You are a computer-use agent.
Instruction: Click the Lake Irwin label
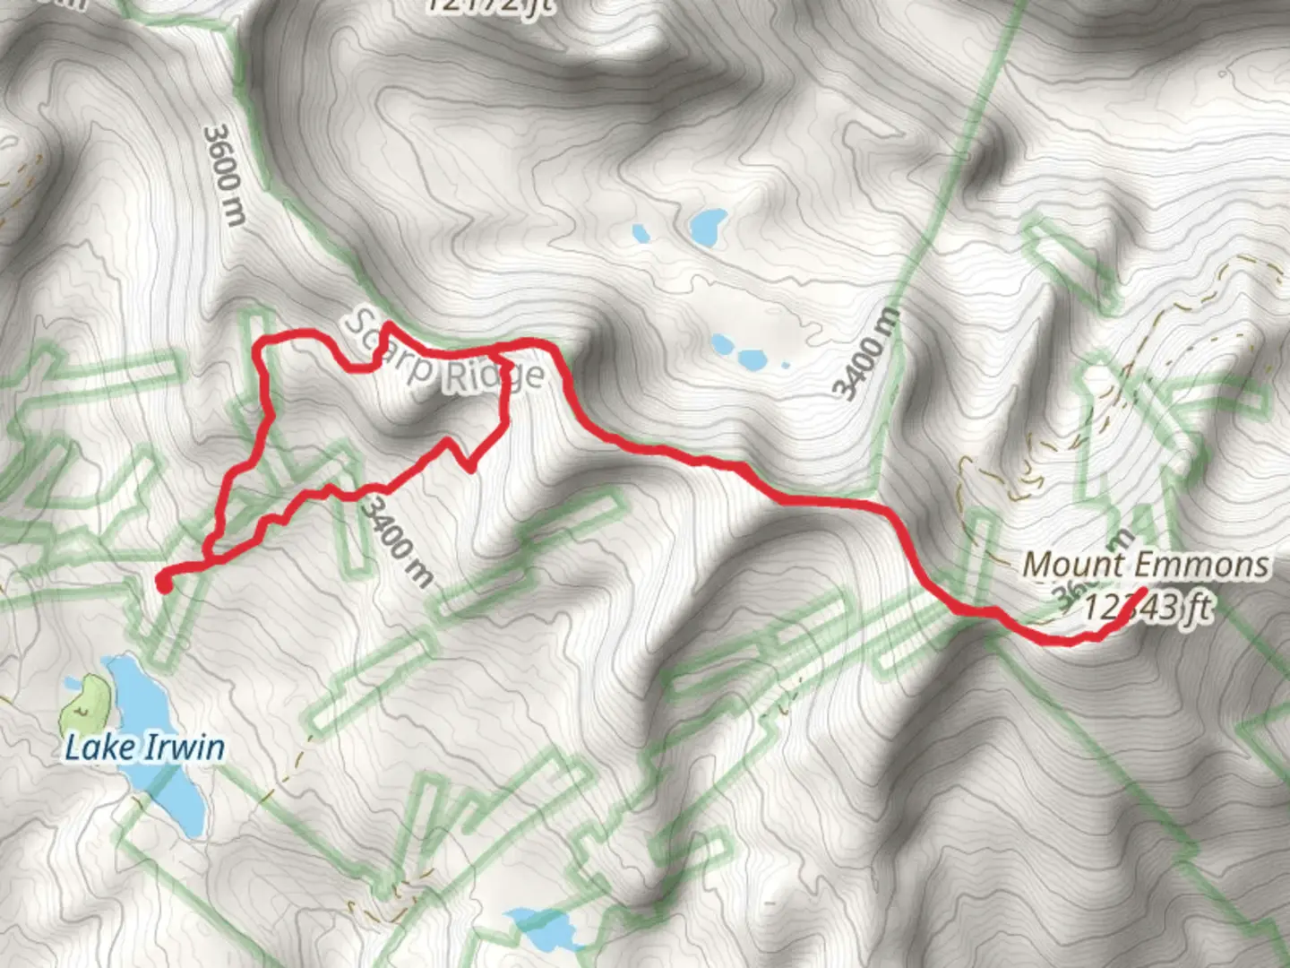coord(143,747)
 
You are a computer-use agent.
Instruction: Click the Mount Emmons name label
coord(1146,565)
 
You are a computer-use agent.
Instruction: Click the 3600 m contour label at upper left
coord(223,175)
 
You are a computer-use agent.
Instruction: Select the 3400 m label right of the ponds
coord(864,353)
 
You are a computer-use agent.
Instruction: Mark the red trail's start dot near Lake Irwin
coord(163,583)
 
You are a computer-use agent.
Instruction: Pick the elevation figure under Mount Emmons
coord(1147,608)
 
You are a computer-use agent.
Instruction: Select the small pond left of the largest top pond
coord(641,233)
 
